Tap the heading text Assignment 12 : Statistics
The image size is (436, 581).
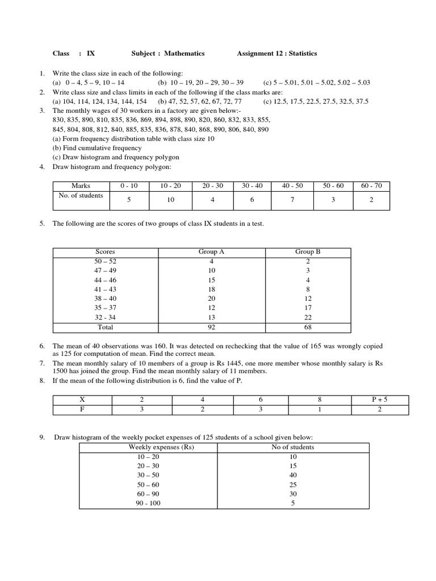[x=277, y=53]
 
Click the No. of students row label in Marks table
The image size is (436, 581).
[x=81, y=196]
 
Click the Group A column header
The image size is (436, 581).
[x=211, y=251]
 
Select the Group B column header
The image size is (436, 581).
[x=308, y=251]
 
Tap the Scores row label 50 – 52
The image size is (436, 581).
[x=105, y=261]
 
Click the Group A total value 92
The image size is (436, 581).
[x=211, y=327]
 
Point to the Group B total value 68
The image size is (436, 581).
[x=308, y=327]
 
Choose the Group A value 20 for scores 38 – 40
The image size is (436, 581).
[x=211, y=298]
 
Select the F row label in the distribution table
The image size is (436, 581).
[x=82, y=410]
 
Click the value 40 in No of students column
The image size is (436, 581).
[x=293, y=475]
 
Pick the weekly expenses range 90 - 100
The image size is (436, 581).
[x=149, y=503]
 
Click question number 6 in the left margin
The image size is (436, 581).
[x=42, y=346]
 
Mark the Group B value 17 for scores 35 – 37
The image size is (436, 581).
[x=308, y=308]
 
